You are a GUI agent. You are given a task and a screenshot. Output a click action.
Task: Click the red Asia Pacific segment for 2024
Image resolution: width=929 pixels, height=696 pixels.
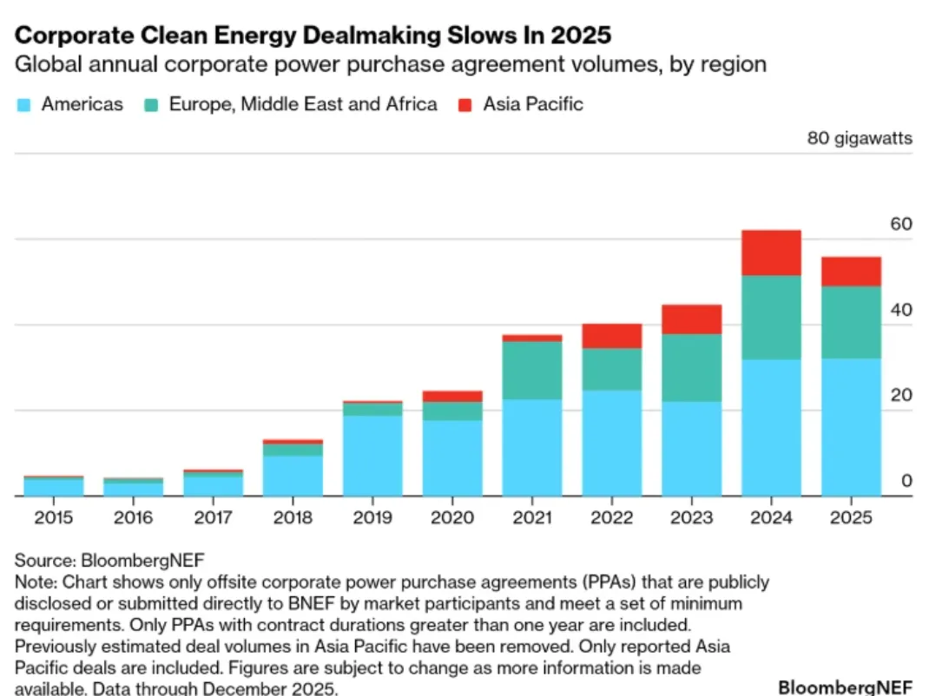point(771,253)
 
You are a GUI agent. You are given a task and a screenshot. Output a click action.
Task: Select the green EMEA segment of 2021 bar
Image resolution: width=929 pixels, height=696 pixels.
point(531,371)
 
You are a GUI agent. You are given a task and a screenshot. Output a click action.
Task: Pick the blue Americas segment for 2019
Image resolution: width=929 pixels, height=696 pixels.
point(372,456)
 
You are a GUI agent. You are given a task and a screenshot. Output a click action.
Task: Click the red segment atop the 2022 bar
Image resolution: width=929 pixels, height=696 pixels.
point(611,336)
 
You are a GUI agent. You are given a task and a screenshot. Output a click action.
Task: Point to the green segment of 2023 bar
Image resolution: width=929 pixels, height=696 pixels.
point(691,368)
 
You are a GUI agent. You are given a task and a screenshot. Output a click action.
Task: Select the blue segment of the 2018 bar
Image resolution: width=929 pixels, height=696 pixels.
point(293,476)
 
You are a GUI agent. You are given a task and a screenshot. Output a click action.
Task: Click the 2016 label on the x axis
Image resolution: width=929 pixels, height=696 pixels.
point(133,518)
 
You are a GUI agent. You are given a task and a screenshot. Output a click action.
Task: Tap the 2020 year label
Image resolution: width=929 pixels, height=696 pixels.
point(451,518)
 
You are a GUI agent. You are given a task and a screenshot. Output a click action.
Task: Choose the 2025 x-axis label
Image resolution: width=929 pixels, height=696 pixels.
point(851,518)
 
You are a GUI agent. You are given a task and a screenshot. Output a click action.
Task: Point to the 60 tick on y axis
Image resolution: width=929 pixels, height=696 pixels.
point(901,225)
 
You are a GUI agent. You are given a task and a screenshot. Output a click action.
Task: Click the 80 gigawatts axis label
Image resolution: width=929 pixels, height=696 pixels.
point(860,138)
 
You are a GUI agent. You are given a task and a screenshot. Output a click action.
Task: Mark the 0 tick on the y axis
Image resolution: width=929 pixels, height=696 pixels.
point(906,481)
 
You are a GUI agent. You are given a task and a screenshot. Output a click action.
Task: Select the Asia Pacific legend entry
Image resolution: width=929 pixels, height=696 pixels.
point(532,105)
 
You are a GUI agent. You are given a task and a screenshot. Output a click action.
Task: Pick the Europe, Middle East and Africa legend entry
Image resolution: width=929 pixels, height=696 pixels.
point(303,105)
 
